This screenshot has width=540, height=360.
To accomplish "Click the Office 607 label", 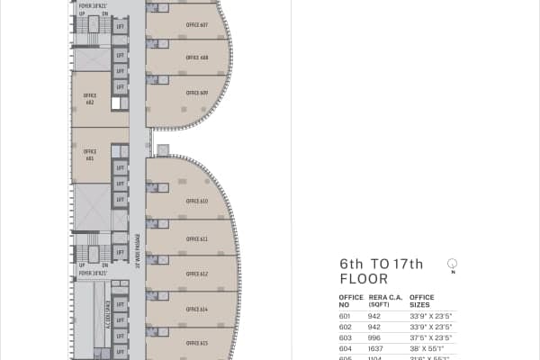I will pos(197,24).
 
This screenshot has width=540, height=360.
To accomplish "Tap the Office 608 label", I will pos(197,58).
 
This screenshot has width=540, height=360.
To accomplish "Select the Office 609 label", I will pos(197,93).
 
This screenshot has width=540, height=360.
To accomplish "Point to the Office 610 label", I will pos(197,202).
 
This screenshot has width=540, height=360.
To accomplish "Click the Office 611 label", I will pos(197,239).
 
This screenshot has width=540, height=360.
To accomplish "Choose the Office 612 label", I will pos(197,274).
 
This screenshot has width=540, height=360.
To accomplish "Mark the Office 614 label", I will pos(197,309).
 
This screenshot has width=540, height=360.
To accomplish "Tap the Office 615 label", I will pos(197,343).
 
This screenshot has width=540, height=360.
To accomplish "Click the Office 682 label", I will pos(90,98).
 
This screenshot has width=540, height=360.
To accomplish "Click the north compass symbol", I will pos(453,264).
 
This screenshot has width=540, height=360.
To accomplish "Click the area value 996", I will pos(374,337).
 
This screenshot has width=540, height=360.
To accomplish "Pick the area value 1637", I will pos(375,347).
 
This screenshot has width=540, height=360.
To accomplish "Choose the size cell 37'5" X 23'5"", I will pos(428,337).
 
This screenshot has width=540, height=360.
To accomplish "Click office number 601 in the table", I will pos(344,316).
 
